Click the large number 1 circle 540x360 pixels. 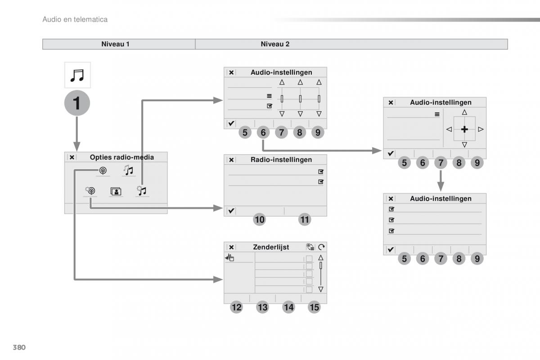(x=77, y=103)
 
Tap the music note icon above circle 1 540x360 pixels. (x=77, y=75)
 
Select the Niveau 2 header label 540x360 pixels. (x=275, y=44)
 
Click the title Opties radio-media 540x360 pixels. (x=121, y=157)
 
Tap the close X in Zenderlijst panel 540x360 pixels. (x=231, y=247)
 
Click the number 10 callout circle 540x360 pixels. (x=260, y=220)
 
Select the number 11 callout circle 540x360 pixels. (x=305, y=220)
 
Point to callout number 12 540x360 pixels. (x=236, y=307)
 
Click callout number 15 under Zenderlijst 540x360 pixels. (x=315, y=307)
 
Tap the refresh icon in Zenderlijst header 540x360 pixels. (x=321, y=247)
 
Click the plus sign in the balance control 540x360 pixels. (x=464, y=129)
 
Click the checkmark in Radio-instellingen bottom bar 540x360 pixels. (x=231, y=211)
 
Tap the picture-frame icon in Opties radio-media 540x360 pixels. (x=116, y=191)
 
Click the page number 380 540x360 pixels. (x=18, y=347)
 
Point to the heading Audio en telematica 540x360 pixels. (x=75, y=19)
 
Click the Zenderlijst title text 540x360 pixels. (x=271, y=247)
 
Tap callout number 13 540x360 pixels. (x=262, y=307)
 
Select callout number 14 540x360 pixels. (x=288, y=307)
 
